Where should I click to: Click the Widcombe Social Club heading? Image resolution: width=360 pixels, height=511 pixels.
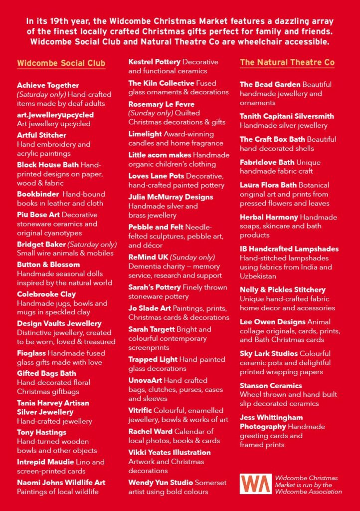[x=61, y=63]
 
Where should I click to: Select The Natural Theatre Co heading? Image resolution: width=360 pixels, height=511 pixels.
[x=287, y=62]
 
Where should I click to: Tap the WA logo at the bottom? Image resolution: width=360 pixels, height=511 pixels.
[x=255, y=484]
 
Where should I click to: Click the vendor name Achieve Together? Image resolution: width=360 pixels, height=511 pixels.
[x=48, y=85]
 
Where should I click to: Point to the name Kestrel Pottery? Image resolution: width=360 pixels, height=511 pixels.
[x=154, y=62]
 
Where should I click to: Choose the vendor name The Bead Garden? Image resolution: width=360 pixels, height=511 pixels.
[x=270, y=84]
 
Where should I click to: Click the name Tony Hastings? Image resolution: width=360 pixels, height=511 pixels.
[x=41, y=432]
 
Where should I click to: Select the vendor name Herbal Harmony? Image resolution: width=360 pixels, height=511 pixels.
[x=268, y=217]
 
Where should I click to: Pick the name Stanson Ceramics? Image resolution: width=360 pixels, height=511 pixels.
[x=271, y=386]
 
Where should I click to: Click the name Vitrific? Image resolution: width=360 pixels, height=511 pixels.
[x=140, y=410]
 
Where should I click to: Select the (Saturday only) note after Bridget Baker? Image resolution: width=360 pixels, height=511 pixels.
[x=92, y=245]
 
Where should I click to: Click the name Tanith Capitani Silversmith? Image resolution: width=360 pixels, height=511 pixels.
[x=287, y=116]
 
